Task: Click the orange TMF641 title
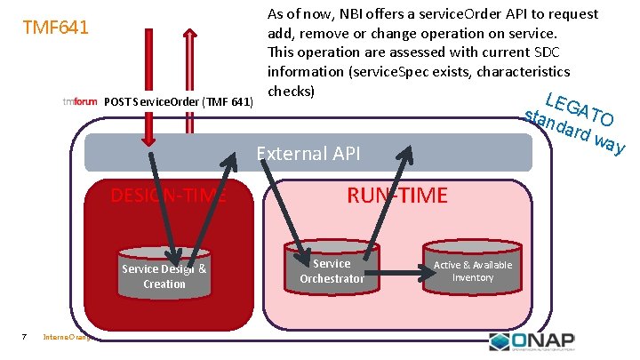[x=55, y=28]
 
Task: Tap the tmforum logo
[x=80, y=101]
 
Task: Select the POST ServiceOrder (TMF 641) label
[x=178, y=101]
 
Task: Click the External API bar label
[x=308, y=154]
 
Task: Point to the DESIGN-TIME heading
[x=167, y=195]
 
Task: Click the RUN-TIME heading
[x=396, y=196]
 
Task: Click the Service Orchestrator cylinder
[x=332, y=268]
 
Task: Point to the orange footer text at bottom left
[x=71, y=337]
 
